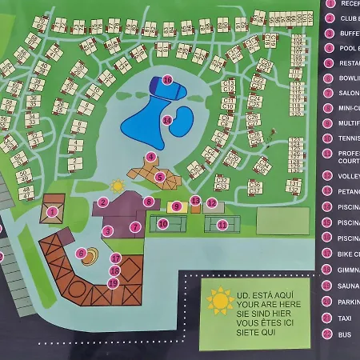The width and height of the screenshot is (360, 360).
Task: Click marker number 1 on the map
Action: click(x=53, y=212)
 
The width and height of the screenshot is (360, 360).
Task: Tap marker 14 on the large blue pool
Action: click(x=166, y=120)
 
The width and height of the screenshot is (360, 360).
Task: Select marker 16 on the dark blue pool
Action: click(x=167, y=79)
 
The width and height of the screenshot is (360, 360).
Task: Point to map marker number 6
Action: click(x=81, y=253)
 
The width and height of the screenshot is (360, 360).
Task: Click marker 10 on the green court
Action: click(x=162, y=224)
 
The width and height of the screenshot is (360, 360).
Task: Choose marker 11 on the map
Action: click(x=222, y=225)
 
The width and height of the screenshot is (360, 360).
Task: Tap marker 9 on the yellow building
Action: click(x=176, y=206)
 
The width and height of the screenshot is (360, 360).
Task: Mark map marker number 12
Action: click(x=211, y=203)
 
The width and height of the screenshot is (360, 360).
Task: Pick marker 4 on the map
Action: click(x=150, y=157)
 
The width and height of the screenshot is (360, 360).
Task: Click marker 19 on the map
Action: click(x=113, y=282)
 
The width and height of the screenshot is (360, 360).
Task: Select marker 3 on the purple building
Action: click(x=107, y=230)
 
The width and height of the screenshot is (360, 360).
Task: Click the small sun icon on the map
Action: click(x=118, y=186)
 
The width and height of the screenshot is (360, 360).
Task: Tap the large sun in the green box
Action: click(x=219, y=301)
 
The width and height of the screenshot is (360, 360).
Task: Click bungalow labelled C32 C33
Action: click(x=222, y=183)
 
